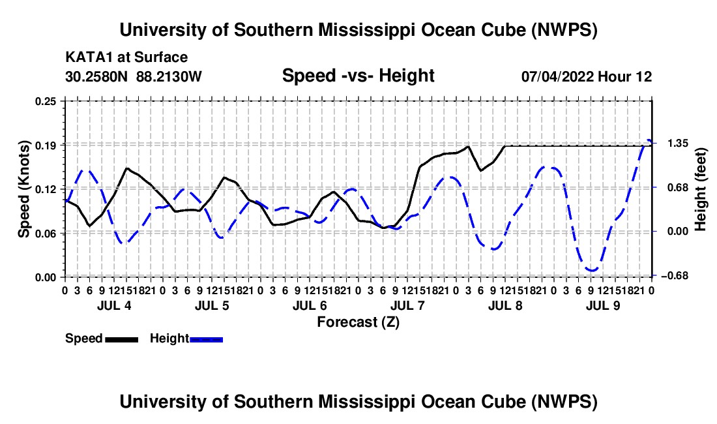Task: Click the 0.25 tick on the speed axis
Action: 46,101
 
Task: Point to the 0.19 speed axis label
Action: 46,145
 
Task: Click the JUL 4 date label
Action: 114,305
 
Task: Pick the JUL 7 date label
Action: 407,305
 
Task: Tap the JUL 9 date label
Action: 603,305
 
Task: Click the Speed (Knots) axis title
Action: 23,189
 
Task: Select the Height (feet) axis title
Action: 701,189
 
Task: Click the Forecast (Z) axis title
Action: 358,322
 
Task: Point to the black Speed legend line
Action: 122,340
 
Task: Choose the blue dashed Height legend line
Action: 206,340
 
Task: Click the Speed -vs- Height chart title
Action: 358,76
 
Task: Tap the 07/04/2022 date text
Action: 557,76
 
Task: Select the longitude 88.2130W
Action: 169,76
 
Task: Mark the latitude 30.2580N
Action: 96,76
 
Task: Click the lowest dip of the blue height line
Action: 592,271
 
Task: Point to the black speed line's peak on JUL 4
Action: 126,168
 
